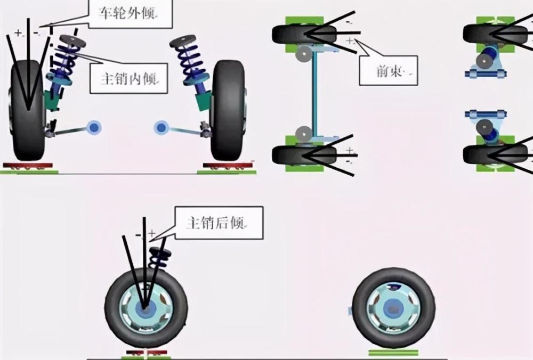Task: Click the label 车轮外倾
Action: [x=127, y=13]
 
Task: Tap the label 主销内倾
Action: [x=129, y=79]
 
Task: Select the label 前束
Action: [x=390, y=71]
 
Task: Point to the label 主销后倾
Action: [x=215, y=223]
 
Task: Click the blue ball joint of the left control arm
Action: [x=94, y=128]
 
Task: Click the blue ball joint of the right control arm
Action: [x=161, y=128]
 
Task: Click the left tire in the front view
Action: [x=28, y=110]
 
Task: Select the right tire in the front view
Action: [x=228, y=110]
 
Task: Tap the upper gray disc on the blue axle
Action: [x=304, y=54]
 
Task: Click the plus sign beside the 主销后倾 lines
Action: [x=152, y=233]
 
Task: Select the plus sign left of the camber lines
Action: [x=18, y=32]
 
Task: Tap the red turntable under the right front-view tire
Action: [x=228, y=166]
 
